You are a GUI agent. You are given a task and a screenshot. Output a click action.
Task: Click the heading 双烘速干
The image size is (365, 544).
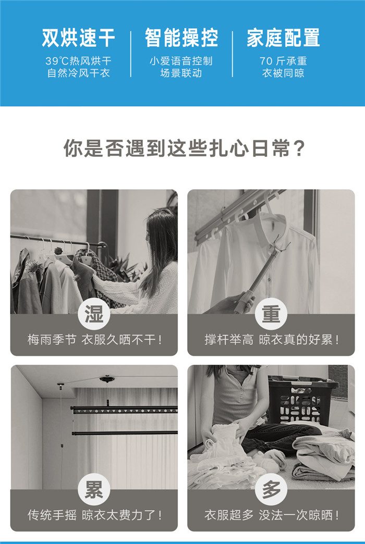pyautogui.click(x=79, y=38)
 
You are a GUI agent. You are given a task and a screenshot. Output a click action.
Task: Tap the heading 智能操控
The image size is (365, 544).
pyautogui.click(x=181, y=38)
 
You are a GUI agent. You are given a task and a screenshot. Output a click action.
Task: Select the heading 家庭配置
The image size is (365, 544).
pyautogui.click(x=283, y=38)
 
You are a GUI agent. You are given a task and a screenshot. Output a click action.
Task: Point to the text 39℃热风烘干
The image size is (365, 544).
pyautogui.click(x=79, y=61)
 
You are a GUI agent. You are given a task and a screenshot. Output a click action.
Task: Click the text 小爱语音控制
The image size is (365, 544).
pyautogui.click(x=181, y=61)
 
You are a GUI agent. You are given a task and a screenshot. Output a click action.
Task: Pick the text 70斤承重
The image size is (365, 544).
pyautogui.click(x=283, y=61)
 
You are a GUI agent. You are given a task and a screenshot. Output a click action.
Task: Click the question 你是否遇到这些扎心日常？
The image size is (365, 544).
pyautogui.click(x=185, y=149)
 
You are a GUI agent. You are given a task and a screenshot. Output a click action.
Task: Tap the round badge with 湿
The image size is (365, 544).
pyautogui.click(x=94, y=314)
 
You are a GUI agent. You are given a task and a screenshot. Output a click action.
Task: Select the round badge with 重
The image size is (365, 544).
pyautogui.click(x=271, y=314)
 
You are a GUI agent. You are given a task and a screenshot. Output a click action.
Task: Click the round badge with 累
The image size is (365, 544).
pyautogui.click(x=94, y=489)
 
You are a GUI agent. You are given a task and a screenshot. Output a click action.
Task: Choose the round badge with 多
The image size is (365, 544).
pyautogui.click(x=271, y=489)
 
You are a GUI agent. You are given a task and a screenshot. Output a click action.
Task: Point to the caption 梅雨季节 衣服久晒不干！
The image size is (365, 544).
pyautogui.click(x=94, y=340)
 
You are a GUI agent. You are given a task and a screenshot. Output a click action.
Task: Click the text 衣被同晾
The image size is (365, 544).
pyautogui.click(x=283, y=73)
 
